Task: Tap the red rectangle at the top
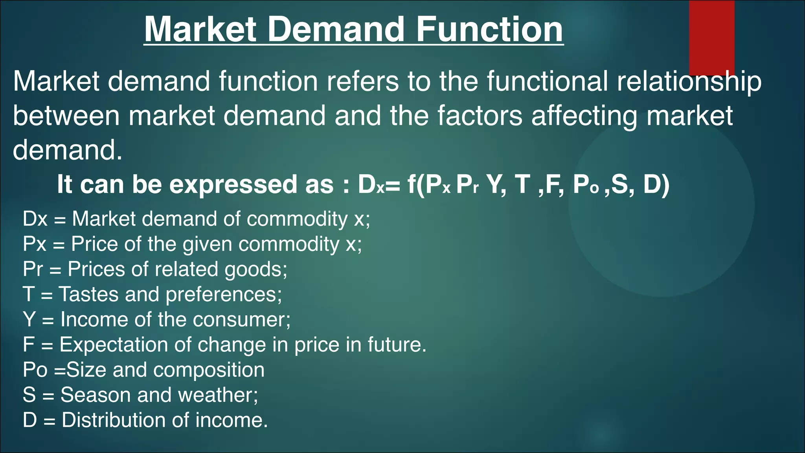pos(711,38)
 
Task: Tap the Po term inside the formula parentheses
pos(585,184)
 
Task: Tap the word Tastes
pos(88,294)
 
